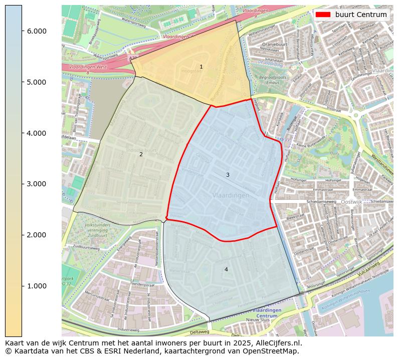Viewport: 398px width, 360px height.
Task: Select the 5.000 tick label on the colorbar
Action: point(36,82)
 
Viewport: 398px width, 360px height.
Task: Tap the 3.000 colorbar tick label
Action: point(36,184)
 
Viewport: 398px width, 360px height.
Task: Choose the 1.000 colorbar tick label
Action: point(36,286)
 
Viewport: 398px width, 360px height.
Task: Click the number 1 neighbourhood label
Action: point(202,67)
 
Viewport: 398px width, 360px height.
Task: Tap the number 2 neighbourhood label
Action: point(141,154)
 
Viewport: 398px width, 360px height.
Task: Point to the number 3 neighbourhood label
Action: point(228,175)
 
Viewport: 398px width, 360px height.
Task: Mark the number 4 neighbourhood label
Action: point(226,269)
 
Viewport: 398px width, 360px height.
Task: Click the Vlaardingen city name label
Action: point(230,195)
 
